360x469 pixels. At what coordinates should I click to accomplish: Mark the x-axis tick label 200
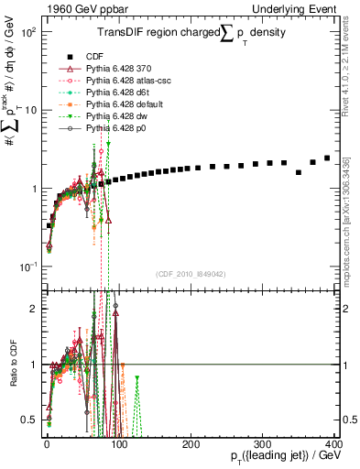pyautogui.click(x=191, y=443)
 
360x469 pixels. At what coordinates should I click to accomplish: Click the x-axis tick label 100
pyautogui.click(x=119, y=443)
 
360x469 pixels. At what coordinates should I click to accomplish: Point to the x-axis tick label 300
pyautogui.click(x=263, y=443)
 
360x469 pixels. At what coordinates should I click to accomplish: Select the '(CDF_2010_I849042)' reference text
pyautogui.click(x=191, y=274)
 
